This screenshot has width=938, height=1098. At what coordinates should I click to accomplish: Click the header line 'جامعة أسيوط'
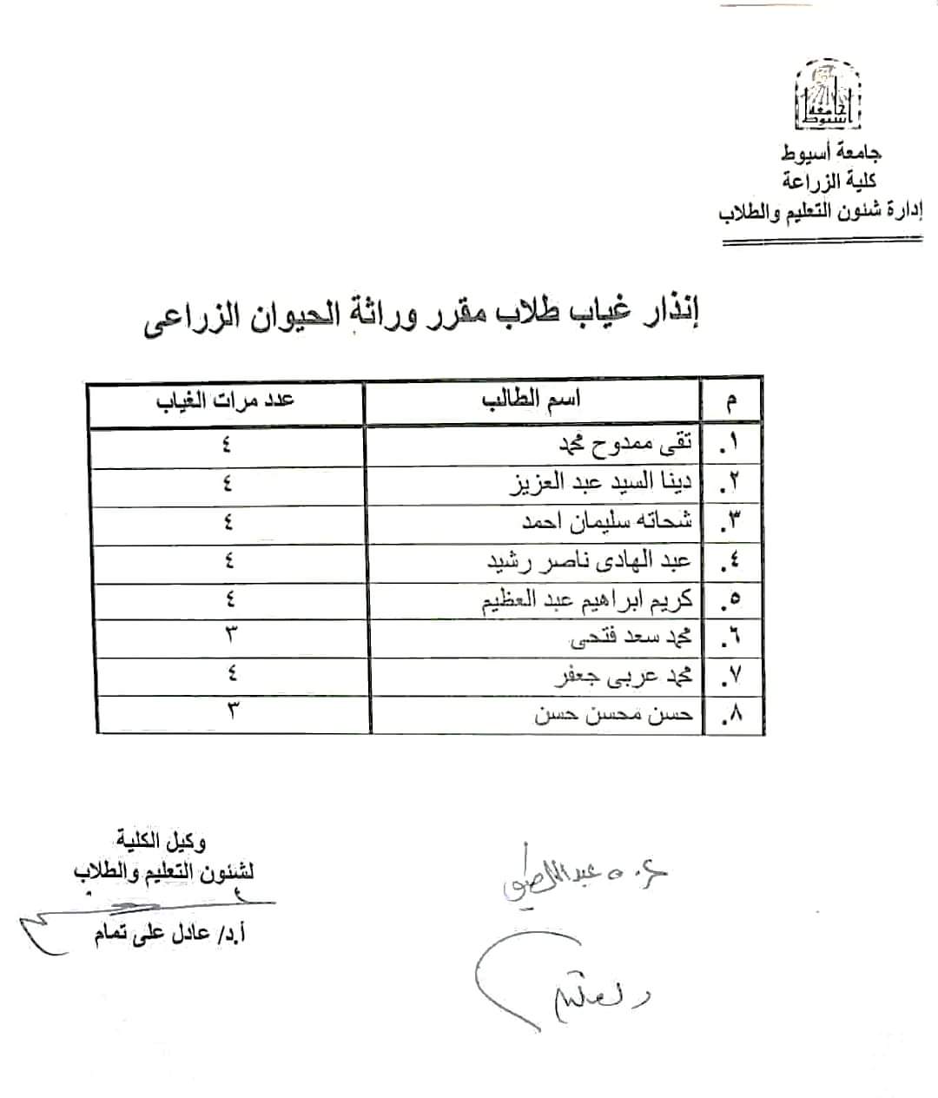831,154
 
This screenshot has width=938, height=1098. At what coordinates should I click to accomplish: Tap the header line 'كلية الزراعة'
829,181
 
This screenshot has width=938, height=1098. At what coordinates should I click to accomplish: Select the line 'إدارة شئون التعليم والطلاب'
821,211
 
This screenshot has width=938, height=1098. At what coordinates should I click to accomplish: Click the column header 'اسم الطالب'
531,400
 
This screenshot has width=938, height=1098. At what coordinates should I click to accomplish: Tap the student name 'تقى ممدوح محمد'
626,445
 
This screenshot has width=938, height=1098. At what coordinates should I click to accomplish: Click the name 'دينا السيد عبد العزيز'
600,483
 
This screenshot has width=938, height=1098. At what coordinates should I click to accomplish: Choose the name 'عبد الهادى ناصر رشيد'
590,560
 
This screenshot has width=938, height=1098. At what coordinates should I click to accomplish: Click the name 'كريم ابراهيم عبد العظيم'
588,599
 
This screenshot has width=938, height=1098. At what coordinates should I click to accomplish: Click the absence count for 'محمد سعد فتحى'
230,635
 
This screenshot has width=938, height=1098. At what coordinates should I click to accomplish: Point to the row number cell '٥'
731,599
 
